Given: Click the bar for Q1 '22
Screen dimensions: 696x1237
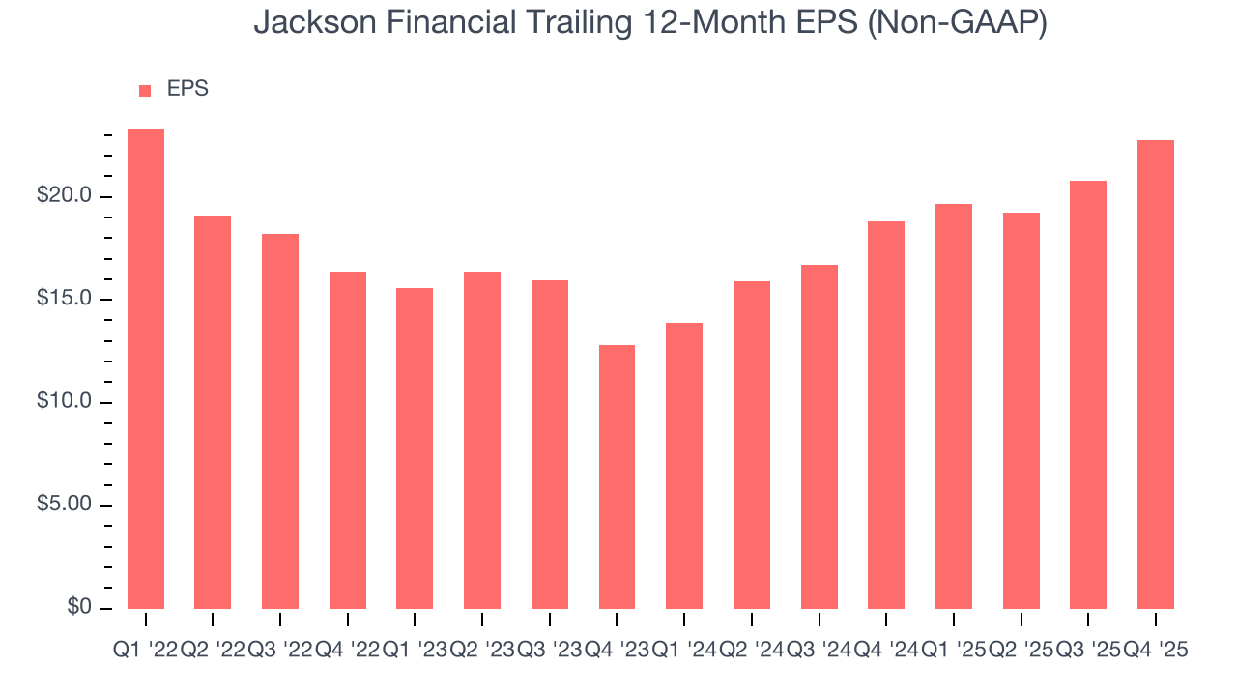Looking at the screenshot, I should coord(145,368).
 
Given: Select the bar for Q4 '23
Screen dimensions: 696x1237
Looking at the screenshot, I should coord(617,477).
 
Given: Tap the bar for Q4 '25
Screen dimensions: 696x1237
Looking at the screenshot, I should coord(1156,374).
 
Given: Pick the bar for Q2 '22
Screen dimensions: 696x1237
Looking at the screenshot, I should coord(213,412).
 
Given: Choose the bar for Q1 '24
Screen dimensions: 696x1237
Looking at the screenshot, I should coord(684,465).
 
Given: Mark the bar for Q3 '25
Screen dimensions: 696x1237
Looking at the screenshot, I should coord(1088,394).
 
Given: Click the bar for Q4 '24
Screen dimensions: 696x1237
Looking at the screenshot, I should coord(886,415).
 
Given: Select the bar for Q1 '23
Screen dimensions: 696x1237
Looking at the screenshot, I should coord(415,448).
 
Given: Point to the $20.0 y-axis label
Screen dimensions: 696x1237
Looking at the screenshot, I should coord(65,196).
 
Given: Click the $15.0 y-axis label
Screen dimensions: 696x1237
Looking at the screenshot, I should coord(65,299).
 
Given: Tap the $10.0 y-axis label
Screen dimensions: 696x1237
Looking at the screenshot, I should coord(65,402).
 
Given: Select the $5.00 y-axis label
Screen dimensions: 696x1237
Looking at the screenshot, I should coord(65,505).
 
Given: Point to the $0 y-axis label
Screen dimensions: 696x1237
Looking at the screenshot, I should coord(79,607).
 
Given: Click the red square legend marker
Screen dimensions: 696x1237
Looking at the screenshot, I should coord(145,90).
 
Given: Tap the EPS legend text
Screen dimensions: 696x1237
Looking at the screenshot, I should coord(187,89).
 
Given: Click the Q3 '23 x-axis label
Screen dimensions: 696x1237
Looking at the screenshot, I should coord(549,651).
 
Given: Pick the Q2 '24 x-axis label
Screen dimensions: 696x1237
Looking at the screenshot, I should coord(751,651).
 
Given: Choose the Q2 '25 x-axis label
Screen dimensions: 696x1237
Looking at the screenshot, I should coord(1021,651).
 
